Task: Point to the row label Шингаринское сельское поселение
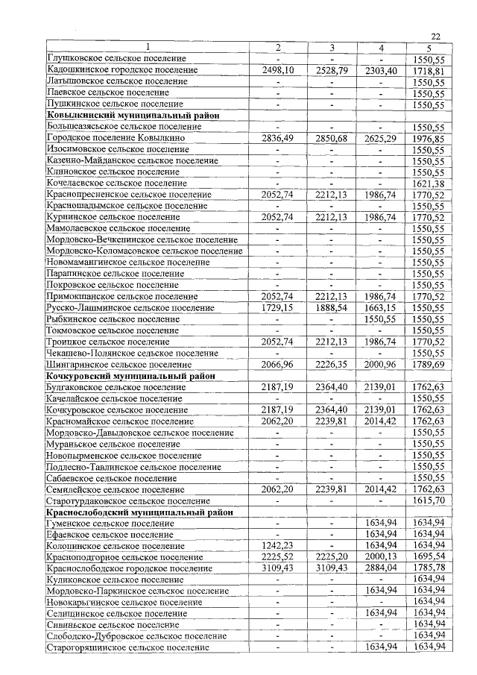click(x=119, y=365)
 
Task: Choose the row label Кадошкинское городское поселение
click(x=121, y=70)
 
